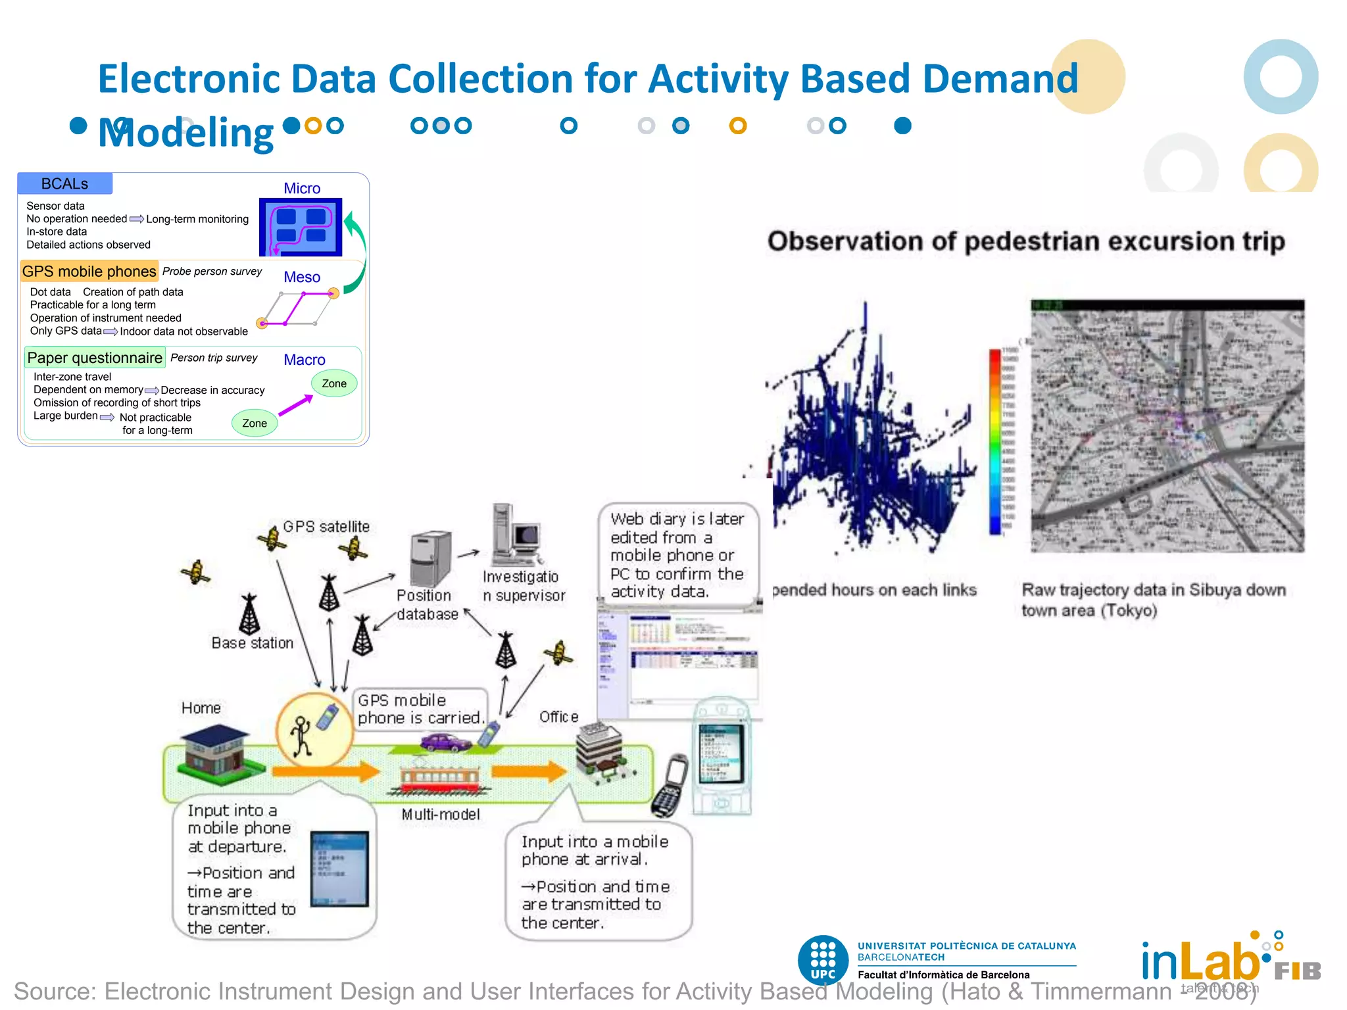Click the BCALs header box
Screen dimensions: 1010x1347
point(64,183)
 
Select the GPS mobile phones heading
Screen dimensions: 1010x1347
point(89,272)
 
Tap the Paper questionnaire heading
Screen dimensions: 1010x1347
point(95,358)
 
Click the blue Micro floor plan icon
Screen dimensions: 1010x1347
point(301,227)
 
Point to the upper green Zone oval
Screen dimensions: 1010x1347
point(334,383)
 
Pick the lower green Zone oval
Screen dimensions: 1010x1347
point(255,423)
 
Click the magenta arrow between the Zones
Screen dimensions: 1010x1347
point(295,404)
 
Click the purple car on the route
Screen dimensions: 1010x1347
point(446,743)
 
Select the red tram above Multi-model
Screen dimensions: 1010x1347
point(441,779)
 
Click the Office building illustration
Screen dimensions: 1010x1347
point(600,753)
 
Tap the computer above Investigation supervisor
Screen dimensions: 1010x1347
point(517,536)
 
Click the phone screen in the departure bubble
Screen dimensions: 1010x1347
point(339,868)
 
